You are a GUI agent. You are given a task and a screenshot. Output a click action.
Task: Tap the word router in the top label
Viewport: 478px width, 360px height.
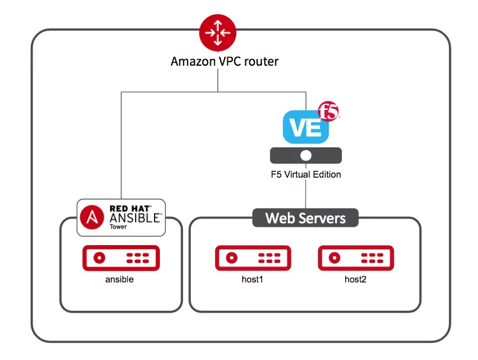pos(261,61)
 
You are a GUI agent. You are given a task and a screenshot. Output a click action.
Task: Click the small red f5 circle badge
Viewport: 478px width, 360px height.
pos(329,111)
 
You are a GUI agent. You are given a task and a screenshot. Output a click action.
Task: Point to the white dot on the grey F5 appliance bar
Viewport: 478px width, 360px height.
pos(306,155)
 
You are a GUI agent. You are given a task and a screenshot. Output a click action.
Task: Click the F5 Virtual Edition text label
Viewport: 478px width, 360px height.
pos(306,175)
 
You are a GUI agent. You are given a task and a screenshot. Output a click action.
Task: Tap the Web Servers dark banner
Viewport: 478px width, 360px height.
pos(306,217)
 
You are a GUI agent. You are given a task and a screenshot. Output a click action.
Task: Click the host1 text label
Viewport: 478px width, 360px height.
pos(252,279)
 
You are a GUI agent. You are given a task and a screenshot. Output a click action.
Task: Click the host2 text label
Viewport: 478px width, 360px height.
pos(355,279)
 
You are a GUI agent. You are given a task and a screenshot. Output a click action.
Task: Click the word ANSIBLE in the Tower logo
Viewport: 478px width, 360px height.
pos(134,217)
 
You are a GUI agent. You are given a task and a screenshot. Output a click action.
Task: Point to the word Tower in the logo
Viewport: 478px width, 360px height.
pos(118,227)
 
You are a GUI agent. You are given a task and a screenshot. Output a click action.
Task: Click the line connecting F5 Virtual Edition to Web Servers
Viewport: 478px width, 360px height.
pos(306,192)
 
